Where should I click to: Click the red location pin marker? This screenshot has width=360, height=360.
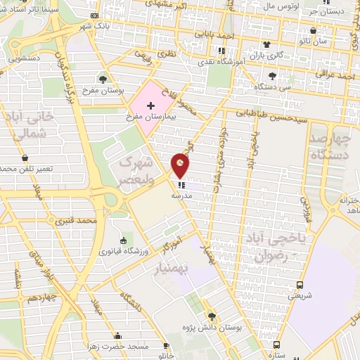pyautogui.click(x=181, y=166)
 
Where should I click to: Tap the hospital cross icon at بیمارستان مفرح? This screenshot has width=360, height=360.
pyautogui.click(x=151, y=105)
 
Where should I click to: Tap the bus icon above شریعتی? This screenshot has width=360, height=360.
pyautogui.click(x=300, y=285)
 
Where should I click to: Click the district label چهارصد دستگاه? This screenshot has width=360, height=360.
pyautogui.click(x=330, y=143)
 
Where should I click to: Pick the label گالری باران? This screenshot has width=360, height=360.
pyautogui.click(x=267, y=55)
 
